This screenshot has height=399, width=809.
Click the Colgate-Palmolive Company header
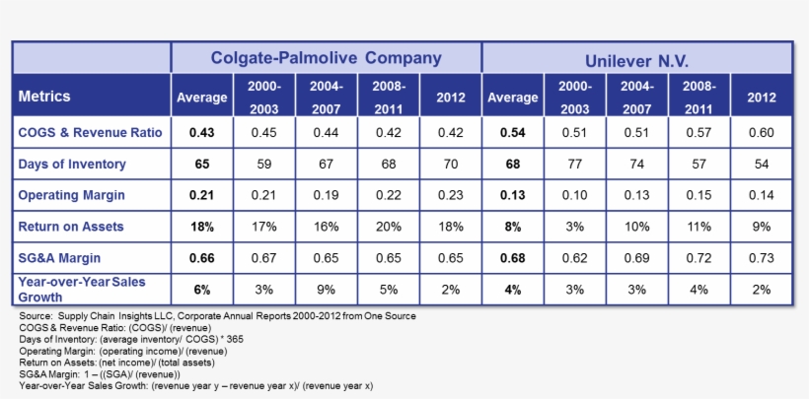pos(327,58)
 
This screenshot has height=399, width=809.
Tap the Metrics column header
pos(44,98)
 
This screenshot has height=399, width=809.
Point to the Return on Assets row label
pos(70,227)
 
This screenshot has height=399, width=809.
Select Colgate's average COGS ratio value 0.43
pos(202,132)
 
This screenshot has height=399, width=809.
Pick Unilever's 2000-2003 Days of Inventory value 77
pos(575,164)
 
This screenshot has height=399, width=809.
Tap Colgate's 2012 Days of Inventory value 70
pos(451,164)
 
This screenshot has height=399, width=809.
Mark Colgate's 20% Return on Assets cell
pos(389,227)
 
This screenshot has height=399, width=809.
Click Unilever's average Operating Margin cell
pos(513,195)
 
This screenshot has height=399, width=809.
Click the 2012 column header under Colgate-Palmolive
pos(451,98)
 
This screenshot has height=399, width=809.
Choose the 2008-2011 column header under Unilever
pos(699,98)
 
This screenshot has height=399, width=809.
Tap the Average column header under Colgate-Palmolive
pos(202,98)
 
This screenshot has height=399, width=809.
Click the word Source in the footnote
pos(37,316)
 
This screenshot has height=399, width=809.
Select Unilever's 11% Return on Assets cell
pos(699,227)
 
